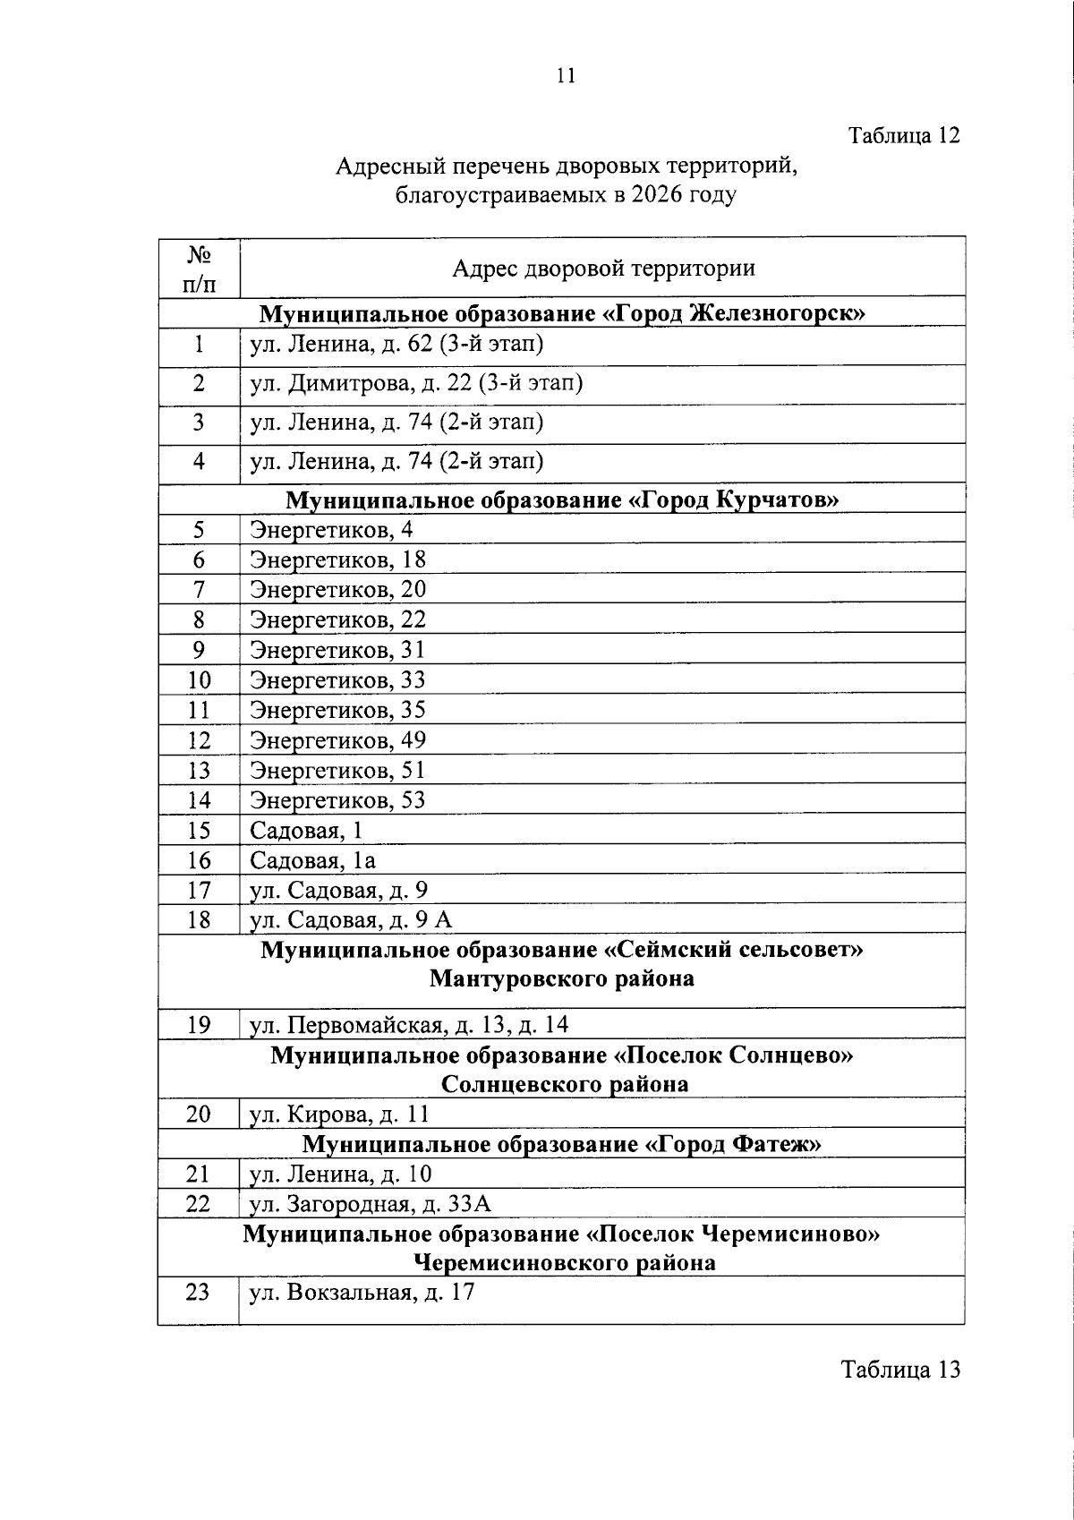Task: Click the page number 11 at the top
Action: pyautogui.click(x=566, y=76)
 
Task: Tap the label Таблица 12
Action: pyautogui.click(x=904, y=136)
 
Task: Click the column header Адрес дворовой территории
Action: pyautogui.click(x=602, y=268)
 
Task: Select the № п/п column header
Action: pyautogui.click(x=199, y=268)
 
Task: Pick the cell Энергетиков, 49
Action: pyautogui.click(x=337, y=740)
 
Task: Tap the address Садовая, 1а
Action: pyautogui.click(x=312, y=860)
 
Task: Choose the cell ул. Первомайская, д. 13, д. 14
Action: pyautogui.click(x=409, y=1024)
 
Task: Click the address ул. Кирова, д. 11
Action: pyautogui.click(x=339, y=1114)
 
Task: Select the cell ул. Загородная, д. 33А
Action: pyautogui.click(x=371, y=1204)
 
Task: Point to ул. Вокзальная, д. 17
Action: pyautogui.click(x=362, y=1292)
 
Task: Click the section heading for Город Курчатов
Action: pyautogui.click(x=562, y=499)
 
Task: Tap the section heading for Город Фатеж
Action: pyautogui.click(x=562, y=1144)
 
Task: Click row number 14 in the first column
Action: pyautogui.click(x=199, y=800)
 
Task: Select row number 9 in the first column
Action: pyautogui.click(x=199, y=650)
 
